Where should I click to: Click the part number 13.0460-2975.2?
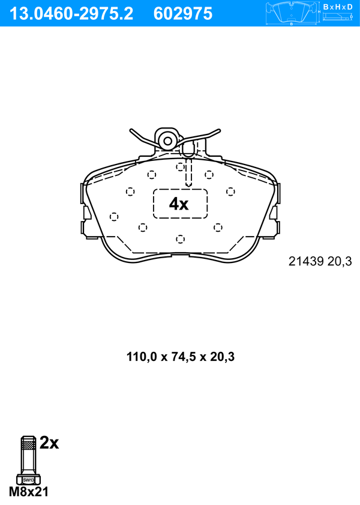tap(71, 14)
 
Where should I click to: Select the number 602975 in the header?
tap(183, 14)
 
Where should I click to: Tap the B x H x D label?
tap(338, 7)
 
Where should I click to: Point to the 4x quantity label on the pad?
tap(179, 204)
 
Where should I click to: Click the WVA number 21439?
tap(306, 261)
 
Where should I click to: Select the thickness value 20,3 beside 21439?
tap(340, 261)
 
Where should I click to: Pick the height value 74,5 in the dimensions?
tap(182, 357)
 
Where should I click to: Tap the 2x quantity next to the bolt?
tap(49, 443)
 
